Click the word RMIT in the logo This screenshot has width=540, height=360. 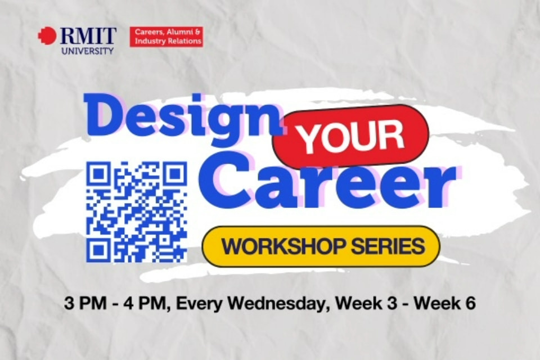click(x=87, y=37)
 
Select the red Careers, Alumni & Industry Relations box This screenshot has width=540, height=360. click(x=166, y=37)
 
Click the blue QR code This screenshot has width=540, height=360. click(x=137, y=211)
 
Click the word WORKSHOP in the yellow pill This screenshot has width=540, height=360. click(x=277, y=246)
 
